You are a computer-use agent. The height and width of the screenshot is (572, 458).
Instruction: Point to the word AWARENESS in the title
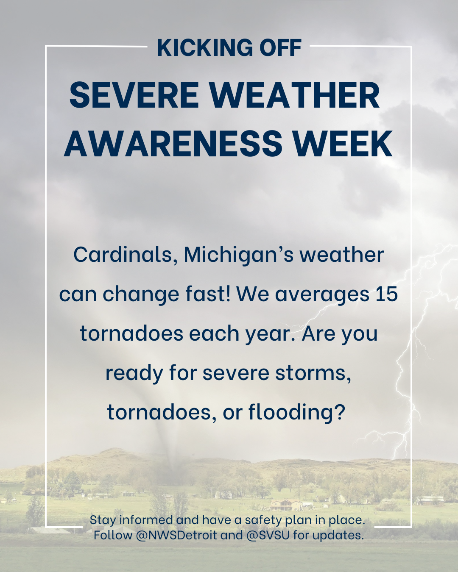pos(173,143)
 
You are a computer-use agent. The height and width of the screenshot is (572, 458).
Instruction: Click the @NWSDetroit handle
pos(176,535)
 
